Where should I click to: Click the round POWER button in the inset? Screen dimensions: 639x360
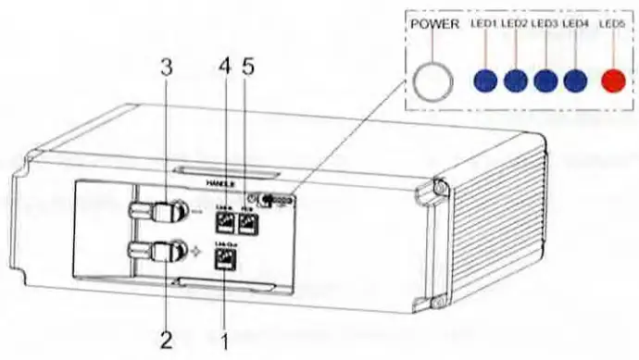tap(432, 81)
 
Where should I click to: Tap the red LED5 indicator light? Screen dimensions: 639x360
tap(612, 81)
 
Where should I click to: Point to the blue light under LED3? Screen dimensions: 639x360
tap(545, 81)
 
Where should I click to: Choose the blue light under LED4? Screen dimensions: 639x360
tap(576, 81)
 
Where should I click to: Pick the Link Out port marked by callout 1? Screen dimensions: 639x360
tap(224, 260)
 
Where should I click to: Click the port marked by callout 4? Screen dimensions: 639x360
tap(224, 220)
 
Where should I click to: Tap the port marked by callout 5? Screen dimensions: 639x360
tap(247, 220)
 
